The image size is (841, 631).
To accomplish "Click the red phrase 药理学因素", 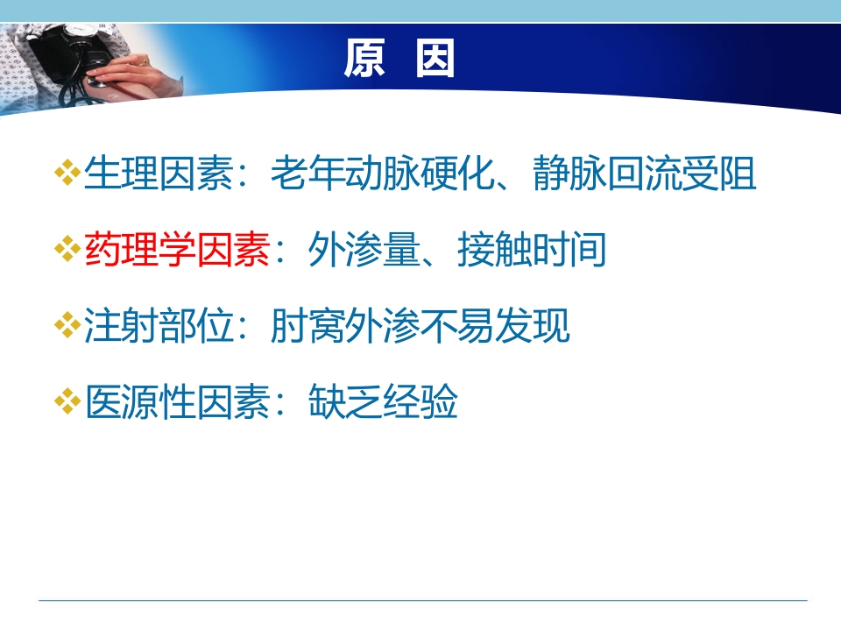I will point(177,252).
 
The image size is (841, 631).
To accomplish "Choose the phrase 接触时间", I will point(531,252).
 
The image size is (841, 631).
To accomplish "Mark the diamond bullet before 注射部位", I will point(67,329).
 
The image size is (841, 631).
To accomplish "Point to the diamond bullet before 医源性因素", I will point(67,404).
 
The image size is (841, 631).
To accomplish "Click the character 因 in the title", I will point(435,60).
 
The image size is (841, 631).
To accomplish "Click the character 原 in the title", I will point(364,60).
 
